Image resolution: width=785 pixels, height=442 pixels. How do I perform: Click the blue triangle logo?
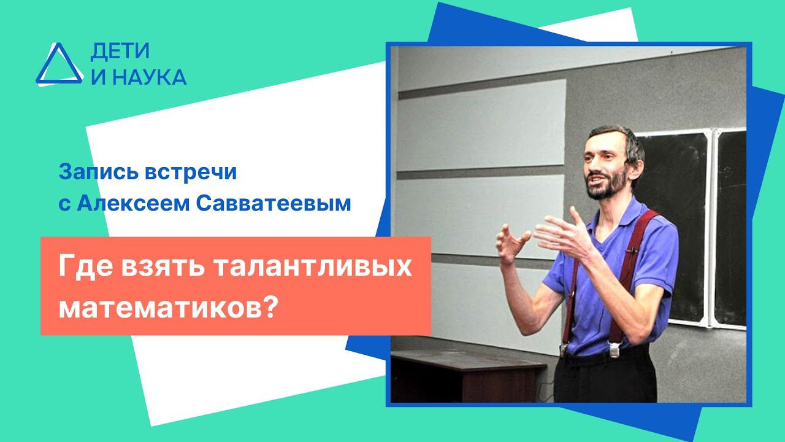(x=58, y=64)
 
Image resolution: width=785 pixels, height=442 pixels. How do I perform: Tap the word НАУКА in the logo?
(x=148, y=77)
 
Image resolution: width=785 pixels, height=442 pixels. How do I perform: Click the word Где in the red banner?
(x=83, y=269)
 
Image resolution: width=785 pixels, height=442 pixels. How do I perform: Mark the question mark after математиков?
(x=266, y=304)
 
